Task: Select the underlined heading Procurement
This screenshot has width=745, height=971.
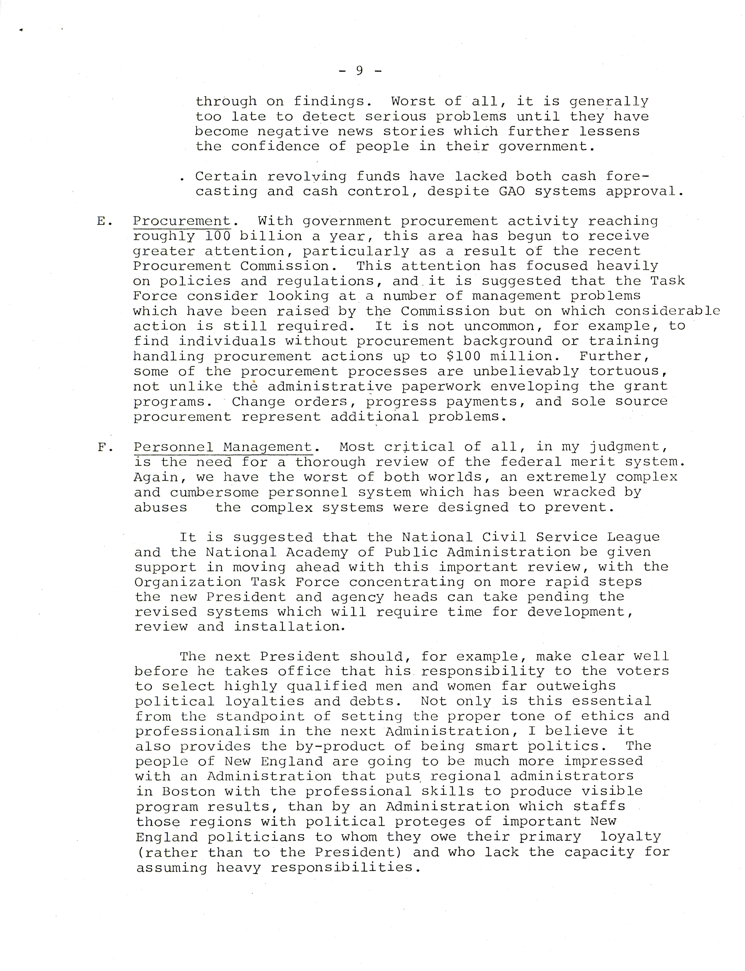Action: (182, 221)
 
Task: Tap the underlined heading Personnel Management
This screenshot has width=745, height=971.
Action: (223, 447)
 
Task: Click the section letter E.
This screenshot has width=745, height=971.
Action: (102, 221)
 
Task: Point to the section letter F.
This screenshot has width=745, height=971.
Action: (102, 447)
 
